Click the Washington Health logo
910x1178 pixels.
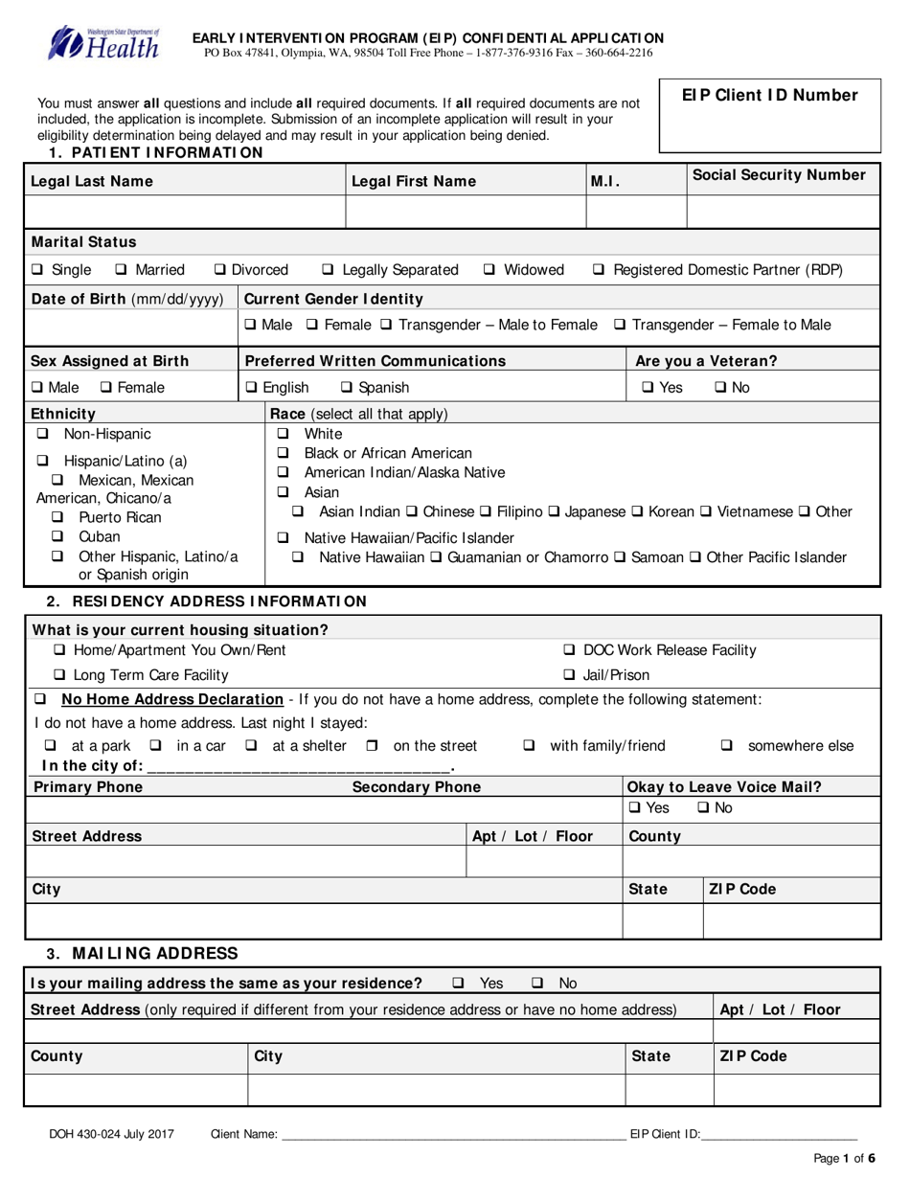pyautogui.click(x=104, y=43)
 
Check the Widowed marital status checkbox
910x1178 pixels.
pyautogui.click(x=489, y=270)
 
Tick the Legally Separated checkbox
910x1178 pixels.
pyautogui.click(x=328, y=270)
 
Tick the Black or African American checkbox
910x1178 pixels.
pyautogui.click(x=283, y=453)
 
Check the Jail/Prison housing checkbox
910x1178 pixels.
pyautogui.click(x=569, y=674)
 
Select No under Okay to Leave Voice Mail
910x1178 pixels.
pyautogui.click(x=703, y=808)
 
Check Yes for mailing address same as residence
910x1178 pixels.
pyautogui.click(x=458, y=983)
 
